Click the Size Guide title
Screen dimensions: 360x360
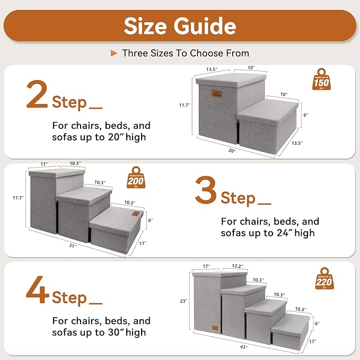point(180,25)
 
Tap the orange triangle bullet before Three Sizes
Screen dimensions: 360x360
point(113,53)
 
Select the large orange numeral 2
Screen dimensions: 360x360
point(37,96)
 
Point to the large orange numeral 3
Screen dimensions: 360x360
point(205,191)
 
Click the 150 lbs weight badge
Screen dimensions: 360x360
point(321,80)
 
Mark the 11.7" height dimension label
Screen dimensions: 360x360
point(185,105)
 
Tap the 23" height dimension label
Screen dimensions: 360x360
point(183,301)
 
